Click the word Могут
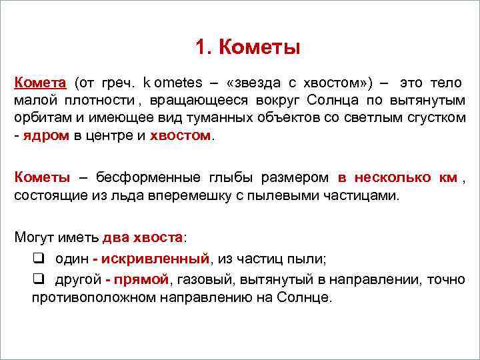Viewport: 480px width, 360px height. [x=35, y=237]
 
